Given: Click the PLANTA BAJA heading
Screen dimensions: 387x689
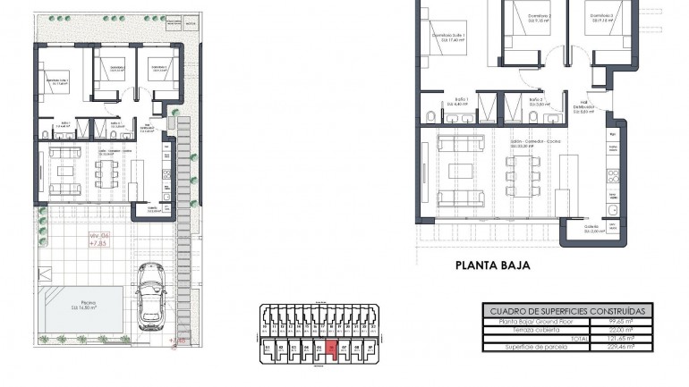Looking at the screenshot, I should pos(492,265).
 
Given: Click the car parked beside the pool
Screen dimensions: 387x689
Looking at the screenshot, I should pos(149,296).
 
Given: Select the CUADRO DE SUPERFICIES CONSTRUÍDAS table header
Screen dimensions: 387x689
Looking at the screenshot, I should pos(567,309).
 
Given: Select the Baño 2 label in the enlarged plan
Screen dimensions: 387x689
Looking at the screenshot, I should pos(535,101).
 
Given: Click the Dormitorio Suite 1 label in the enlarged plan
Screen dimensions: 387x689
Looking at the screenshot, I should pos(448,38).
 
